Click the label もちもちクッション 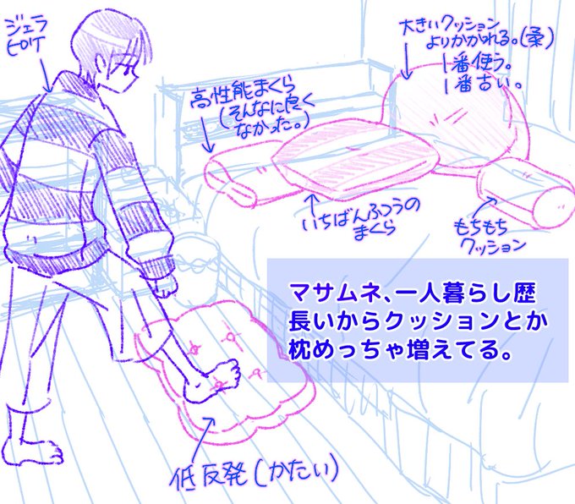pyautogui.click(x=490, y=236)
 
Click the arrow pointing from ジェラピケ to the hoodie pyautogui.click(x=48, y=79)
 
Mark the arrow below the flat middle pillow pyautogui.click(x=315, y=203)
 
